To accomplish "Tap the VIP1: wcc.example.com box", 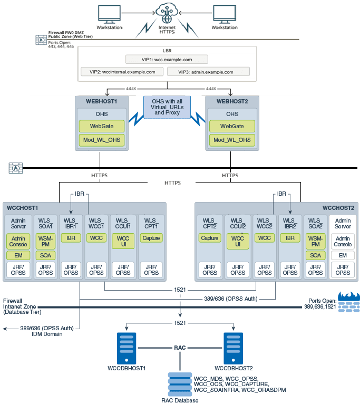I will click(x=167, y=60).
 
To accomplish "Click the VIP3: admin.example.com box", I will click(x=208, y=71).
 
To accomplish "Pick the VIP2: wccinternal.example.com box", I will click(x=122, y=71).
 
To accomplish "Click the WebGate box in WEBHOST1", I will click(x=100, y=126).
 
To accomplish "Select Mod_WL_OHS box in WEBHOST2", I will click(x=232, y=140).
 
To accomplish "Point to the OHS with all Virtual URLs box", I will click(x=167, y=107).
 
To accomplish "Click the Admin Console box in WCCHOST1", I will click(x=18, y=241).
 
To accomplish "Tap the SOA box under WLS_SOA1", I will click(x=45, y=255).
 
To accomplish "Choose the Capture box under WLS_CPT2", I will click(x=210, y=238).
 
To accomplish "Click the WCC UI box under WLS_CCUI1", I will click(x=123, y=241).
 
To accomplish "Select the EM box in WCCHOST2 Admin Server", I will click(x=343, y=255).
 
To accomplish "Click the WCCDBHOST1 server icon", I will click(x=127, y=347).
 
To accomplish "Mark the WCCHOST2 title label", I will click(x=338, y=207).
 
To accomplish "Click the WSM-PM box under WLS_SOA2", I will click(x=315, y=241).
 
